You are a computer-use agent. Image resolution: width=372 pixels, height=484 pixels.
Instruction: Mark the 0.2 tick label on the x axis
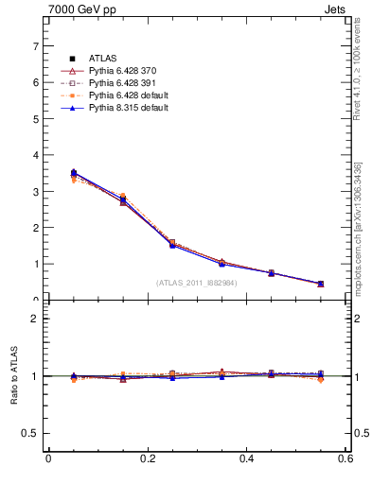tap(147, 458)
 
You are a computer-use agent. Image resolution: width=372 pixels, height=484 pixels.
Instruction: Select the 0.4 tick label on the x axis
tap(246, 458)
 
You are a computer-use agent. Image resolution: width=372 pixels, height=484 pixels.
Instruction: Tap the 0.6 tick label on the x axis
tap(345, 458)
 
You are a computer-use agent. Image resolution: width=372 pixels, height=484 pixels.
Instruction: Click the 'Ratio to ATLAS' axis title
tap(14, 376)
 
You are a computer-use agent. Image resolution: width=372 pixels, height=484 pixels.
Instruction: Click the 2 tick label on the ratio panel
tap(35, 319)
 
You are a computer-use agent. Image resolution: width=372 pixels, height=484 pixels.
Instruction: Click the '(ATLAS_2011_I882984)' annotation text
tap(197, 283)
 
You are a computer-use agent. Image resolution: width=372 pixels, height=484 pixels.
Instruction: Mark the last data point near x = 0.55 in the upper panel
tap(320, 284)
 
